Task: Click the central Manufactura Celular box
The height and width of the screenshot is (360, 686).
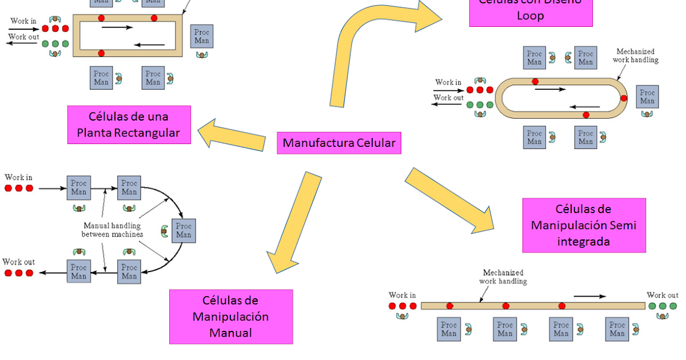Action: pyautogui.click(x=339, y=143)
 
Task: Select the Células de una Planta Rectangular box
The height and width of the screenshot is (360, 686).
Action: pyautogui.click(x=129, y=125)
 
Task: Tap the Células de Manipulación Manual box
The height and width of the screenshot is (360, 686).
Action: pyautogui.click(x=230, y=317)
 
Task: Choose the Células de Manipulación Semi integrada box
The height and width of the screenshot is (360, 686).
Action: pyautogui.click(x=584, y=225)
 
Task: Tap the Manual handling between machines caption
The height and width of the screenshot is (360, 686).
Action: pyautogui.click(x=112, y=230)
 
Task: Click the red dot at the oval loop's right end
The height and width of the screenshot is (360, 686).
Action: pyautogui.click(x=624, y=98)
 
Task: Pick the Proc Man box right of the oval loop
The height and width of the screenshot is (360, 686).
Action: pyautogui.click(x=647, y=97)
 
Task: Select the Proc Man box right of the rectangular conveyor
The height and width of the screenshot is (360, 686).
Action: pyautogui.click(x=201, y=36)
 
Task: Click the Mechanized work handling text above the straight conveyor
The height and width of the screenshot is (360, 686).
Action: pyautogui.click(x=503, y=277)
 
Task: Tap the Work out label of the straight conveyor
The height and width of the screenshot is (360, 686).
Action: pyautogui.click(x=662, y=295)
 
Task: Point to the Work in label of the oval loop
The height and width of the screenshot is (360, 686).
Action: pyautogui.click(x=448, y=82)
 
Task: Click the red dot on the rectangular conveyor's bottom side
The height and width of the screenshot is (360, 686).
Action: pyautogui.click(x=101, y=53)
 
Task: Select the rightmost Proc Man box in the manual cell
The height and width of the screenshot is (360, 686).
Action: pyautogui.click(x=184, y=230)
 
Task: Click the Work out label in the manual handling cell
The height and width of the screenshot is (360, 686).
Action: pyautogui.click(x=18, y=262)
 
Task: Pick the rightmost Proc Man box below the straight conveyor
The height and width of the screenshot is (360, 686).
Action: pyautogui.click(x=617, y=330)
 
